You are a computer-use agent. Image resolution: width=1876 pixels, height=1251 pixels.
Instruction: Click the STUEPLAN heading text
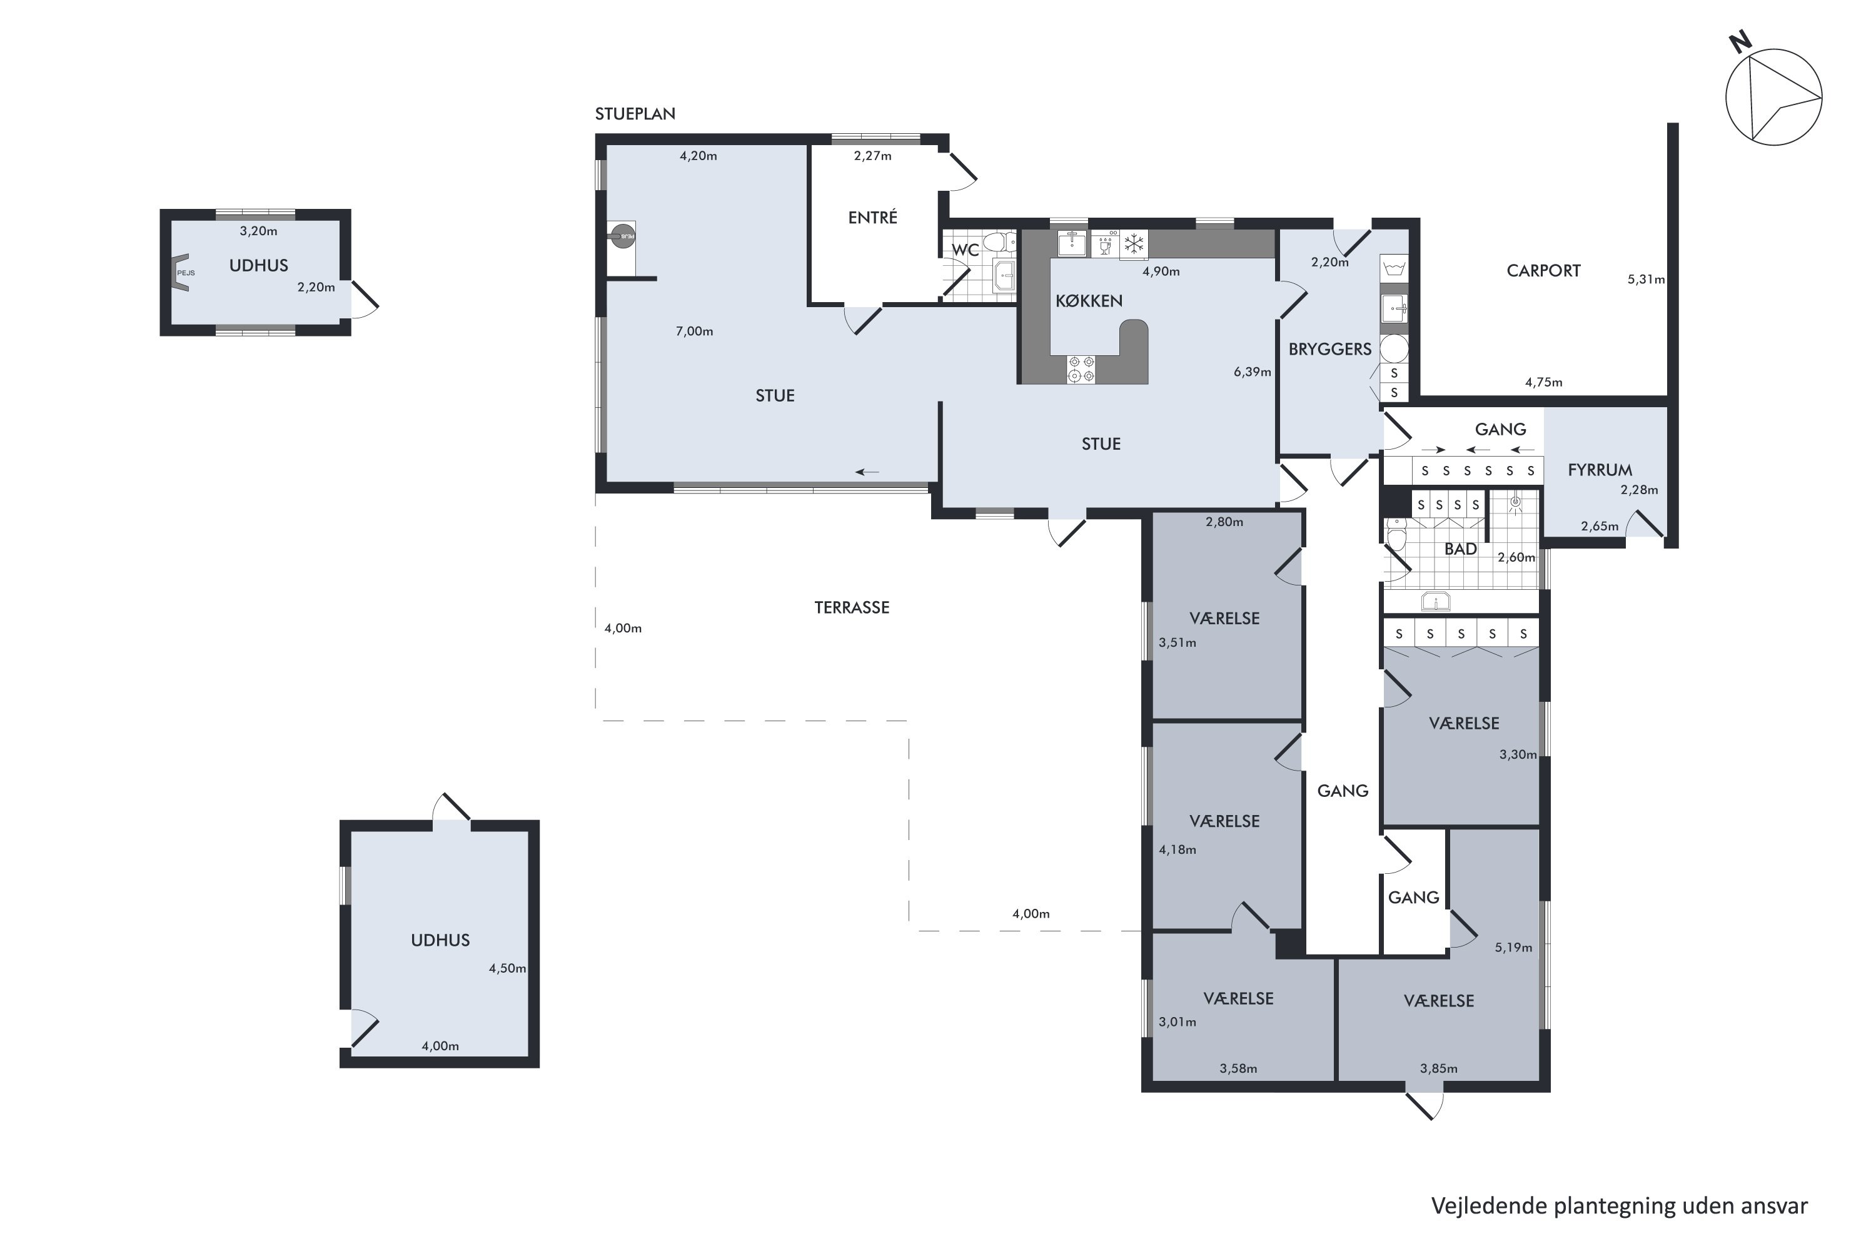click(635, 114)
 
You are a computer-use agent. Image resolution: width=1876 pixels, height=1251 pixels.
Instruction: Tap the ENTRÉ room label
click(872, 217)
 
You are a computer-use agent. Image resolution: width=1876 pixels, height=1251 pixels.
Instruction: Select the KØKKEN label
click(1089, 301)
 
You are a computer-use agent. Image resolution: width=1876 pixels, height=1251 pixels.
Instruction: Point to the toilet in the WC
click(997, 241)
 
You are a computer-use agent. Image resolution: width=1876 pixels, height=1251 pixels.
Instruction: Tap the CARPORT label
click(1543, 270)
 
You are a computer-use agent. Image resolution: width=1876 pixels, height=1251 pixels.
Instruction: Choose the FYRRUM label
click(1600, 470)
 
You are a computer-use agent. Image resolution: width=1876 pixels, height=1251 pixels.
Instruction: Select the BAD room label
click(1460, 549)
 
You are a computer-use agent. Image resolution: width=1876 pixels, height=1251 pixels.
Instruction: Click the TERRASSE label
click(852, 607)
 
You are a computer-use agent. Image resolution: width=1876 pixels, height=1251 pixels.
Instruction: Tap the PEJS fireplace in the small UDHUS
click(183, 273)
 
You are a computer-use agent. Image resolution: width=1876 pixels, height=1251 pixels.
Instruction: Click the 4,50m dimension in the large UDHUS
click(507, 968)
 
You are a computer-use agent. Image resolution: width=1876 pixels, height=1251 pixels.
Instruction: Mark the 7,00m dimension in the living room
click(694, 331)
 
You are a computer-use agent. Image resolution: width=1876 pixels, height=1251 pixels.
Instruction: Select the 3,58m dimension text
click(1238, 1068)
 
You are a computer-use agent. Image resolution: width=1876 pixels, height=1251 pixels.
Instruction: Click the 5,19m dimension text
click(1513, 948)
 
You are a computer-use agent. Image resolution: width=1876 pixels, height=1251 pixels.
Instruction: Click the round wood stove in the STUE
click(623, 235)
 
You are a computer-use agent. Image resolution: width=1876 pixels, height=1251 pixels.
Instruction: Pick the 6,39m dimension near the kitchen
click(1253, 372)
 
